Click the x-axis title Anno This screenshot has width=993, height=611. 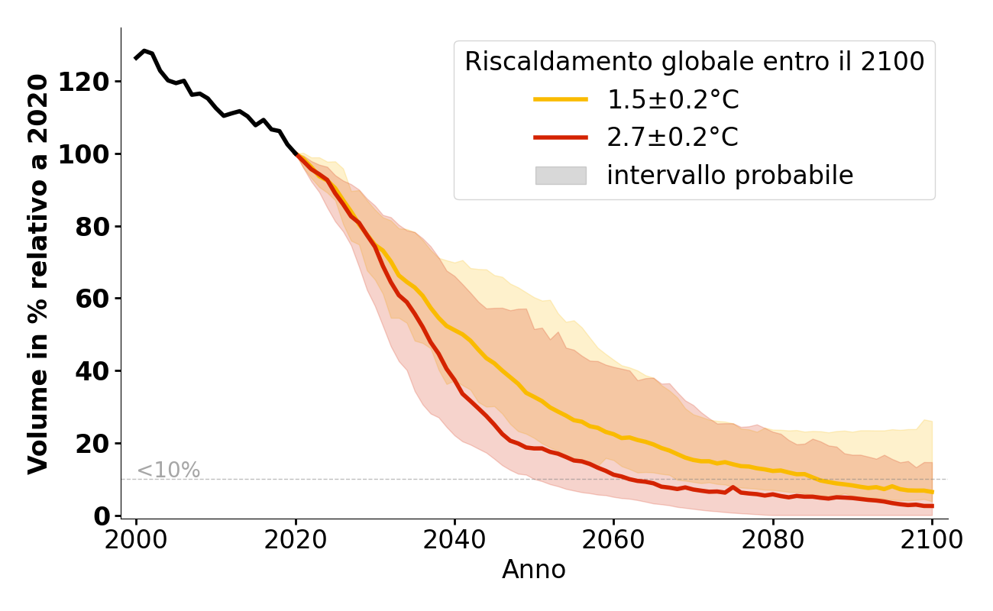(534, 570)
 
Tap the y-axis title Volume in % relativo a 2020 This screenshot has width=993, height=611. (39, 273)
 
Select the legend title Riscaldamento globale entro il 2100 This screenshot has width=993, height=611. (694, 62)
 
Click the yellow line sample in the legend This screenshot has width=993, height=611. (561, 99)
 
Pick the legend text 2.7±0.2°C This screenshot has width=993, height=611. (673, 137)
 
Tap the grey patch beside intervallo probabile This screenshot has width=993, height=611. (561, 176)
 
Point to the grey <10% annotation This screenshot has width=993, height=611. (169, 470)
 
